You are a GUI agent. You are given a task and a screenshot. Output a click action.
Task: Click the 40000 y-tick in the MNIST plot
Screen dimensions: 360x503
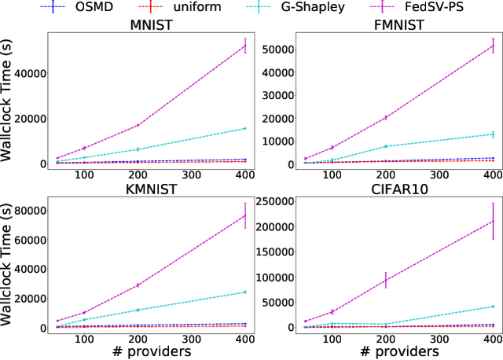pyautogui.click(x=24, y=73)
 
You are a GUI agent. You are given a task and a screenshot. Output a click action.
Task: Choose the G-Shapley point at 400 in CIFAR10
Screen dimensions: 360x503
pyautogui.click(x=493, y=307)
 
